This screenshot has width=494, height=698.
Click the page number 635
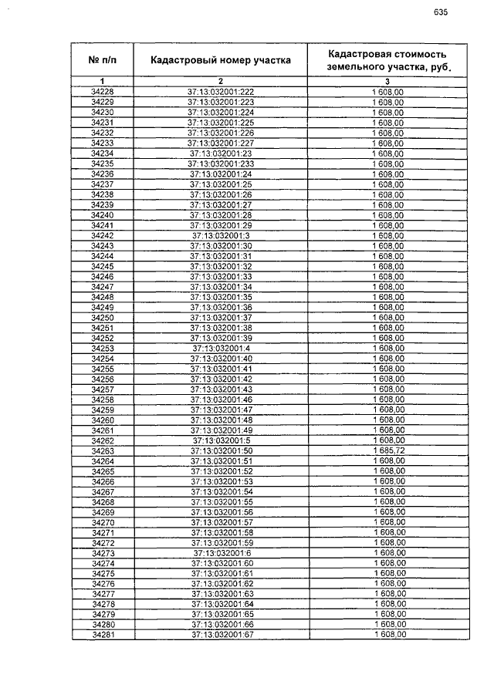pyautogui.click(x=441, y=12)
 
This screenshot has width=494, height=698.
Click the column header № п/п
pyautogui.click(x=103, y=59)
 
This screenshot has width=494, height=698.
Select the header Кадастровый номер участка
pyautogui.click(x=221, y=59)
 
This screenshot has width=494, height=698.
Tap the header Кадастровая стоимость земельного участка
pyautogui.click(x=387, y=59)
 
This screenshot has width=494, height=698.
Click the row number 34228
pyautogui.click(x=103, y=92)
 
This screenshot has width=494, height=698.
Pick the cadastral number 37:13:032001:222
pyautogui.click(x=221, y=92)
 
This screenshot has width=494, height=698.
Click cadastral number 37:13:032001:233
pyautogui.click(x=221, y=164)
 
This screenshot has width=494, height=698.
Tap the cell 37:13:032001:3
pyautogui.click(x=221, y=235)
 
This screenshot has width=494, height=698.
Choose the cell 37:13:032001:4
pyautogui.click(x=221, y=348)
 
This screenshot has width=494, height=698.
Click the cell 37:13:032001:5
pyautogui.click(x=221, y=440)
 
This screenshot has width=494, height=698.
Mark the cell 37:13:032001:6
pyautogui.click(x=221, y=553)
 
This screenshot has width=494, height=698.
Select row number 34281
pyautogui.click(x=103, y=635)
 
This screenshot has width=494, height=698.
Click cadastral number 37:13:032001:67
pyautogui.click(x=221, y=635)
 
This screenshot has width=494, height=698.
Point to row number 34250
pyautogui.click(x=103, y=317)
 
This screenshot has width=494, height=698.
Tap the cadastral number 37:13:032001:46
pyautogui.click(x=221, y=400)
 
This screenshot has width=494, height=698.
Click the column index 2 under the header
pyautogui.click(x=221, y=81)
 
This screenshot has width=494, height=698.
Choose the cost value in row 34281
pyautogui.click(x=387, y=635)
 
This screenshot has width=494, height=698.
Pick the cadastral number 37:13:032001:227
pyautogui.click(x=221, y=143)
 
